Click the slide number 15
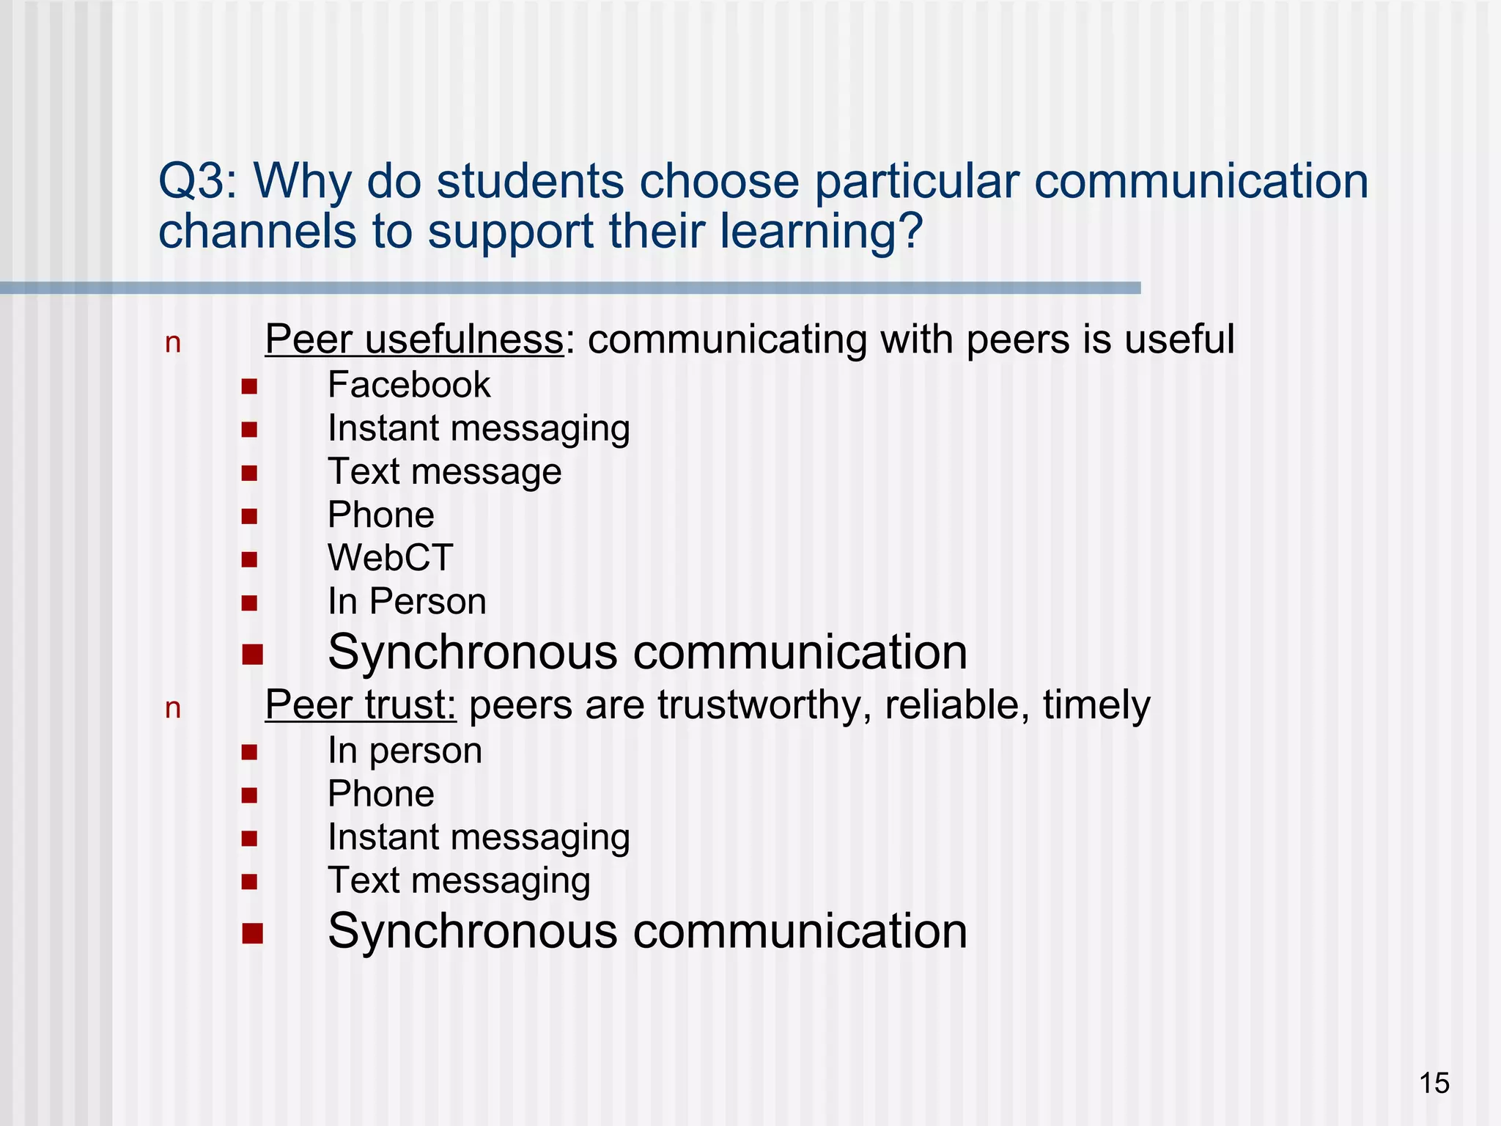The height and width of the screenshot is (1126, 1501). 1434,1083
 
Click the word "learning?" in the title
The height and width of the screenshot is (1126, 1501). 821,232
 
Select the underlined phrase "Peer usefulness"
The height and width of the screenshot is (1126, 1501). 414,339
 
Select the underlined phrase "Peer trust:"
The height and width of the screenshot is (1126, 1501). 361,705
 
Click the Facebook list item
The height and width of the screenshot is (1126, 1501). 409,386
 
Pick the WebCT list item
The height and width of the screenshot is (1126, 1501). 390,558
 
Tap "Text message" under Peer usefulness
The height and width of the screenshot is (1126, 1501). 444,471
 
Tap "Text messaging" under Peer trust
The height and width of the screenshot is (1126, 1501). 459,880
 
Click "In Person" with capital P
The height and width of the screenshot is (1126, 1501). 407,602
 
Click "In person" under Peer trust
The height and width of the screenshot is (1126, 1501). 405,751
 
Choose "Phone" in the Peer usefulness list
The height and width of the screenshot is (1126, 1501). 380,515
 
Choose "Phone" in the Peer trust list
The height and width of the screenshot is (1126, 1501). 380,794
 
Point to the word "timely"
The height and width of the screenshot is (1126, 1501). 1096,705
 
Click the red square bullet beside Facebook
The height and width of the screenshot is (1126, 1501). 249,386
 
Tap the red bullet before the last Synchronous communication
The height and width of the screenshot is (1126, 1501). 252,933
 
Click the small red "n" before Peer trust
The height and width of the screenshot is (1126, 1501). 173,709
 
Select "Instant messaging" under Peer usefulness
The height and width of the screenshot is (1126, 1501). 479,428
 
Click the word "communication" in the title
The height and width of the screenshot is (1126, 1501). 1201,181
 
